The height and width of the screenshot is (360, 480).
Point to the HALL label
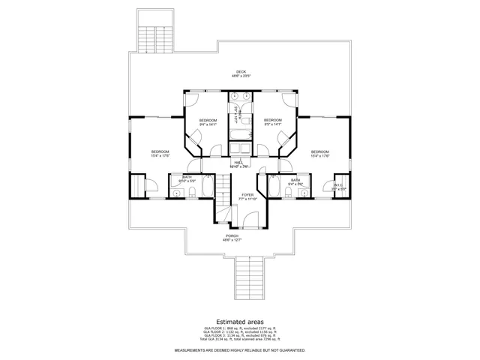[x=239, y=163]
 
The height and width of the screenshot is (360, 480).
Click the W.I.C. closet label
[x=339, y=185]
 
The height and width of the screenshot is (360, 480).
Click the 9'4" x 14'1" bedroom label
[x=208, y=122]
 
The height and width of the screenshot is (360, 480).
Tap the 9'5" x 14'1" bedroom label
[x=273, y=122]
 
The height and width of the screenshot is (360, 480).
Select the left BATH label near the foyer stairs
[x=187, y=178]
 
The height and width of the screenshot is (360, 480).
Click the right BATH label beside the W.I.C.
[x=295, y=181]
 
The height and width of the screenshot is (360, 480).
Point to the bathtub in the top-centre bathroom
[x=241, y=135]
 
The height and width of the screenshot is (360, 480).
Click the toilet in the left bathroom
[x=193, y=193]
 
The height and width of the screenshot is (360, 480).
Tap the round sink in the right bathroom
[x=303, y=193]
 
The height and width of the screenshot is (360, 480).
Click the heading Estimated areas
[x=240, y=320]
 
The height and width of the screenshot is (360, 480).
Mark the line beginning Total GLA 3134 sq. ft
[x=240, y=340]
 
